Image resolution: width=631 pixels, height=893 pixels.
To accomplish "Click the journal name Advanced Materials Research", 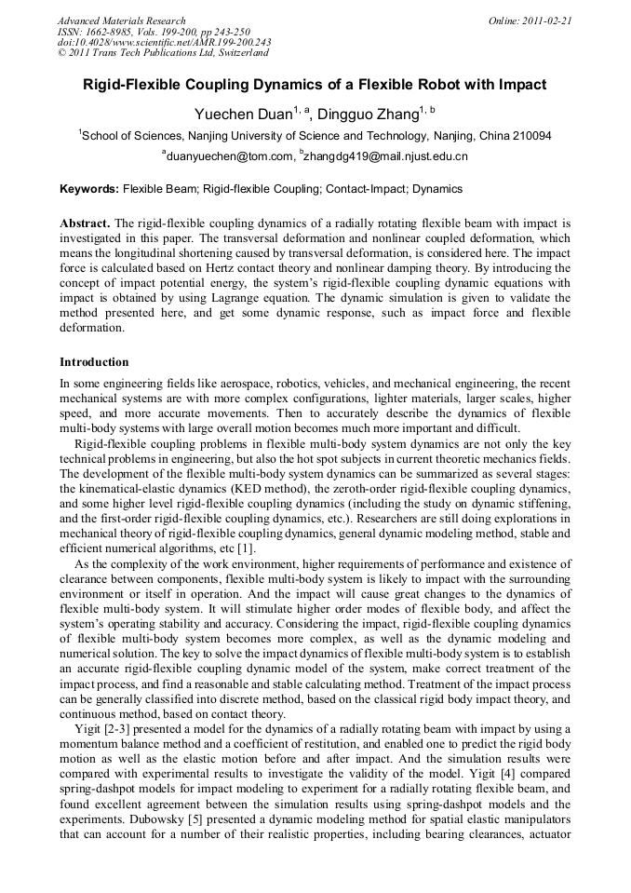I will pyautogui.click(x=121, y=20).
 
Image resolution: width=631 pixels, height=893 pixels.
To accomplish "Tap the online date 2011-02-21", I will pyautogui.click(x=547, y=20).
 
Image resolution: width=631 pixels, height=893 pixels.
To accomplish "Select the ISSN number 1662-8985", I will pyautogui.click(x=114, y=32).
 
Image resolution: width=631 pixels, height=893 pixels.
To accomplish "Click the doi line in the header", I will pyautogui.click(x=164, y=43).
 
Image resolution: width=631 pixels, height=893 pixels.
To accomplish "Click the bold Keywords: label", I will pyautogui.click(x=89, y=189).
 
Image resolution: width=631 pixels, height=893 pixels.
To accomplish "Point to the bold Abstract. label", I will pyautogui.click(x=85, y=224).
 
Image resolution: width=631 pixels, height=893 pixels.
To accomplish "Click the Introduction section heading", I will pyautogui.click(x=94, y=362).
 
